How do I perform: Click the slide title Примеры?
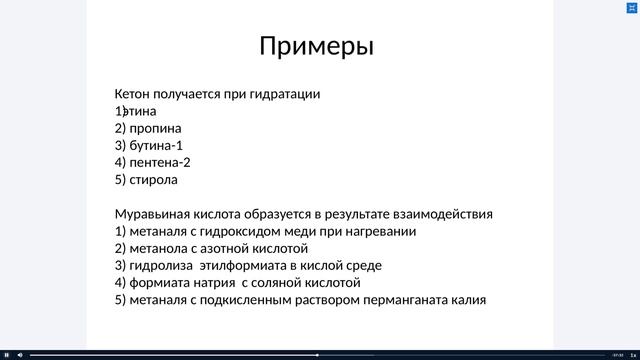[x=316, y=46]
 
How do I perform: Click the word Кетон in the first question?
[x=134, y=94]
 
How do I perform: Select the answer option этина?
[x=139, y=111]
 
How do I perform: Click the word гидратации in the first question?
[x=288, y=94]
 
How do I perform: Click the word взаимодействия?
[x=444, y=214]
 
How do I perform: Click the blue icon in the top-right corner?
[x=631, y=7]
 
